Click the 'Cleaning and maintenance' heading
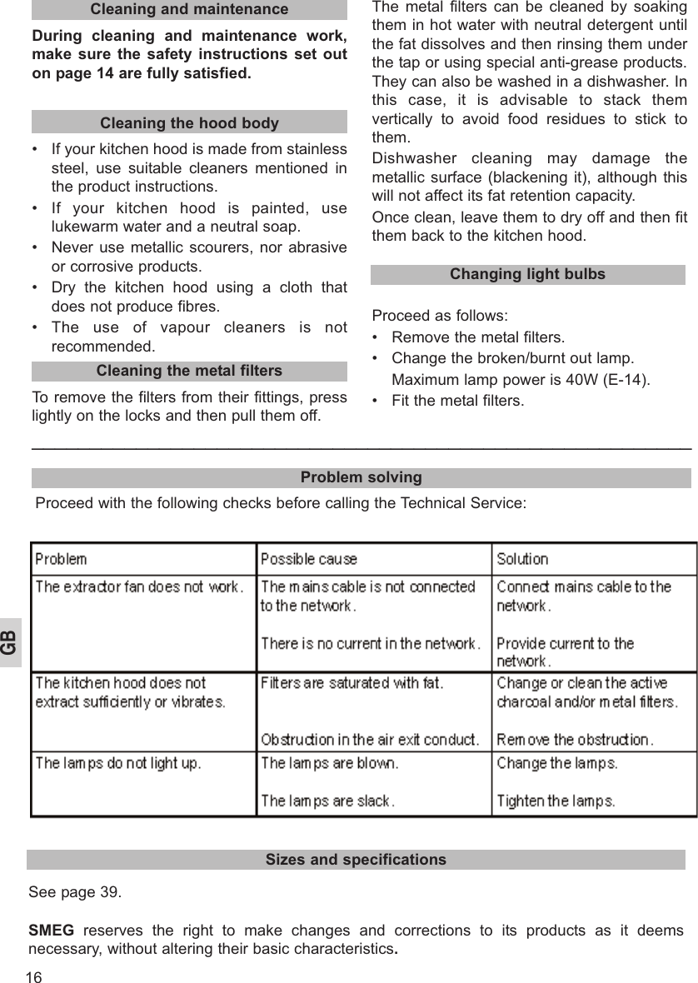tap(189, 9)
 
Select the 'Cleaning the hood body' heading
tap(189, 122)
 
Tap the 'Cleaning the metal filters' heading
tap(189, 371)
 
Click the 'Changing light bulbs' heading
tap(527, 274)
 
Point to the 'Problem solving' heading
tap(361, 477)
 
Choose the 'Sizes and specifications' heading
tap(356, 859)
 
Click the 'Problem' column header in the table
tap(61, 559)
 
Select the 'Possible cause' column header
tap(309, 559)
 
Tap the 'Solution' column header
tap(522, 559)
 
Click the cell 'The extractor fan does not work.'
tap(139, 586)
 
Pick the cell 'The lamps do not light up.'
tap(118, 762)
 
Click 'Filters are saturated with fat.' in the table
tap(351, 683)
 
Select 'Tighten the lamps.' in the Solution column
tap(556, 801)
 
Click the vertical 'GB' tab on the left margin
tap(9, 642)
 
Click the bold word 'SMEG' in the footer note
tap(51, 931)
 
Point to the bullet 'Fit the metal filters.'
tap(457, 401)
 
